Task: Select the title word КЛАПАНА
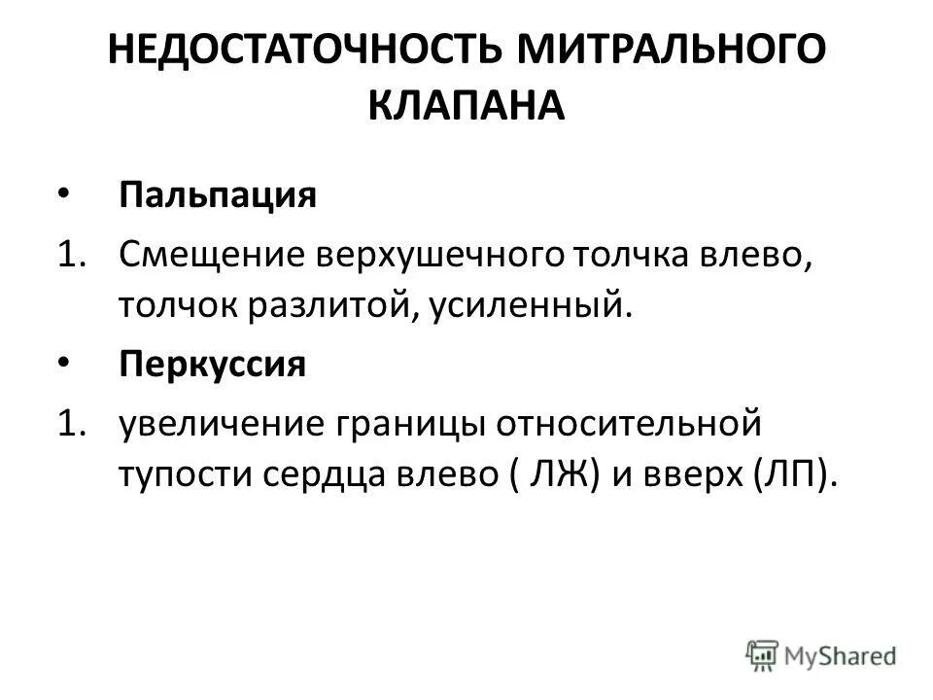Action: (466, 105)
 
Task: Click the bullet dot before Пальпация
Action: (63, 193)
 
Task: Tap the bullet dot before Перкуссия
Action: (63, 364)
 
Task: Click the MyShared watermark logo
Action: (822, 655)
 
